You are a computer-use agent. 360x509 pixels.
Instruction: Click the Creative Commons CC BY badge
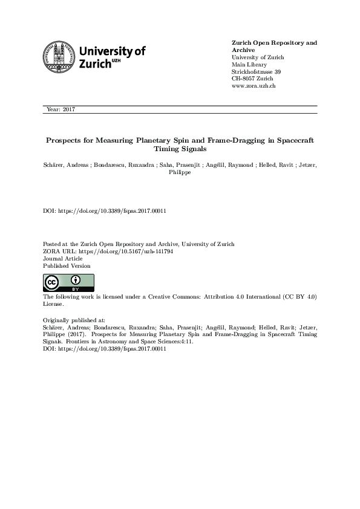pyautogui.click(x=68, y=282)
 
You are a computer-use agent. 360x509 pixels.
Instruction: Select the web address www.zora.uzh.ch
pyautogui.click(x=254, y=86)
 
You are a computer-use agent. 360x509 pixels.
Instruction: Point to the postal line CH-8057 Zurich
pyautogui.click(x=252, y=79)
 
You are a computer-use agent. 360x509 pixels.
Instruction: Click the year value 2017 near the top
pyautogui.click(x=68, y=109)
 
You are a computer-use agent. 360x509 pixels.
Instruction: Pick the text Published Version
pyautogui.click(x=67, y=265)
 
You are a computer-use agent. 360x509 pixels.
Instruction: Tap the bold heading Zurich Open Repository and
pyautogui.click(x=274, y=43)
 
